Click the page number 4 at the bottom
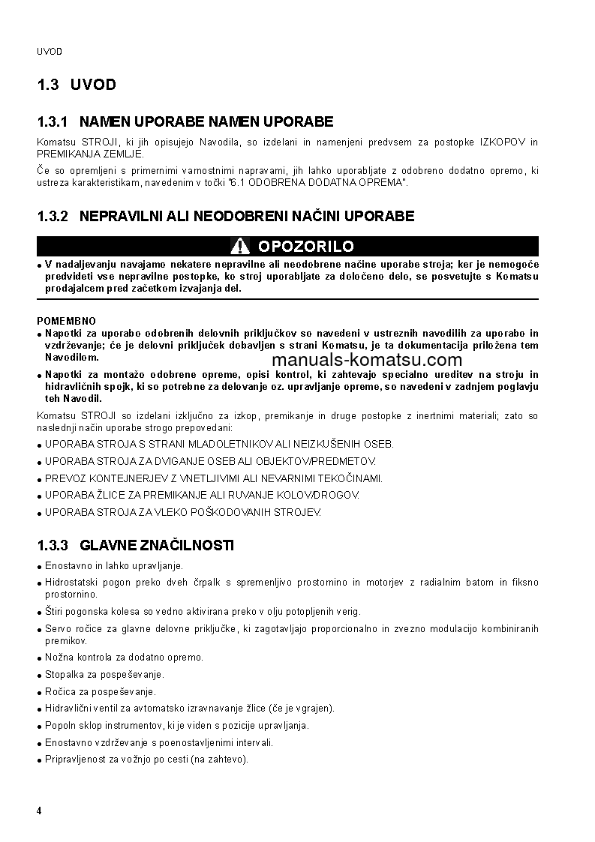[39, 811]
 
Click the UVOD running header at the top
[49, 52]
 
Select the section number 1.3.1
[53, 121]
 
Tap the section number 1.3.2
[53, 216]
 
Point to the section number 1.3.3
[53, 545]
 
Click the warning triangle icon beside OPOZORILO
[240, 247]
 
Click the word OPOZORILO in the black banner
[305, 247]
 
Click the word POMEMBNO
[67, 321]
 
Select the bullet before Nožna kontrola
[39, 658]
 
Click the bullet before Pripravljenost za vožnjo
[39, 760]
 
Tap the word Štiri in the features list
[55, 611]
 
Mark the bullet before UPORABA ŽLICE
[39, 496]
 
